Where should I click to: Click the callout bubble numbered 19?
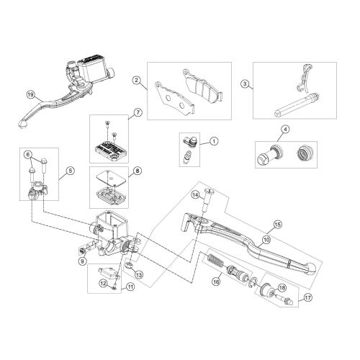[30, 94]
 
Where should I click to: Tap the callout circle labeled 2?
[136, 80]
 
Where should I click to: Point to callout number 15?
[277, 225]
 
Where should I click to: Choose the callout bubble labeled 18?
[282, 286]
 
